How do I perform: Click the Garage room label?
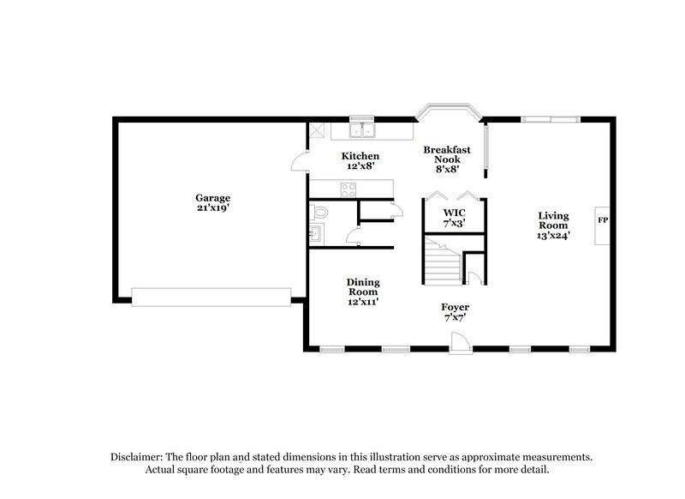(x=212, y=198)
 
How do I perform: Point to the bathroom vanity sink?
(x=314, y=233)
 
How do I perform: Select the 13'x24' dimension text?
(x=553, y=234)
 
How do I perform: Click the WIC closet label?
(x=454, y=212)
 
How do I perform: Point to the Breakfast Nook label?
(x=447, y=154)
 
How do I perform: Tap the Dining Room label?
(x=363, y=287)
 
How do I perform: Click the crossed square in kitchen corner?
(x=318, y=130)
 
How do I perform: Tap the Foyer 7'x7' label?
(x=455, y=312)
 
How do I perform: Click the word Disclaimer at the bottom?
(x=141, y=458)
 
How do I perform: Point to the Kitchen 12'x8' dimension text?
(x=360, y=167)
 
